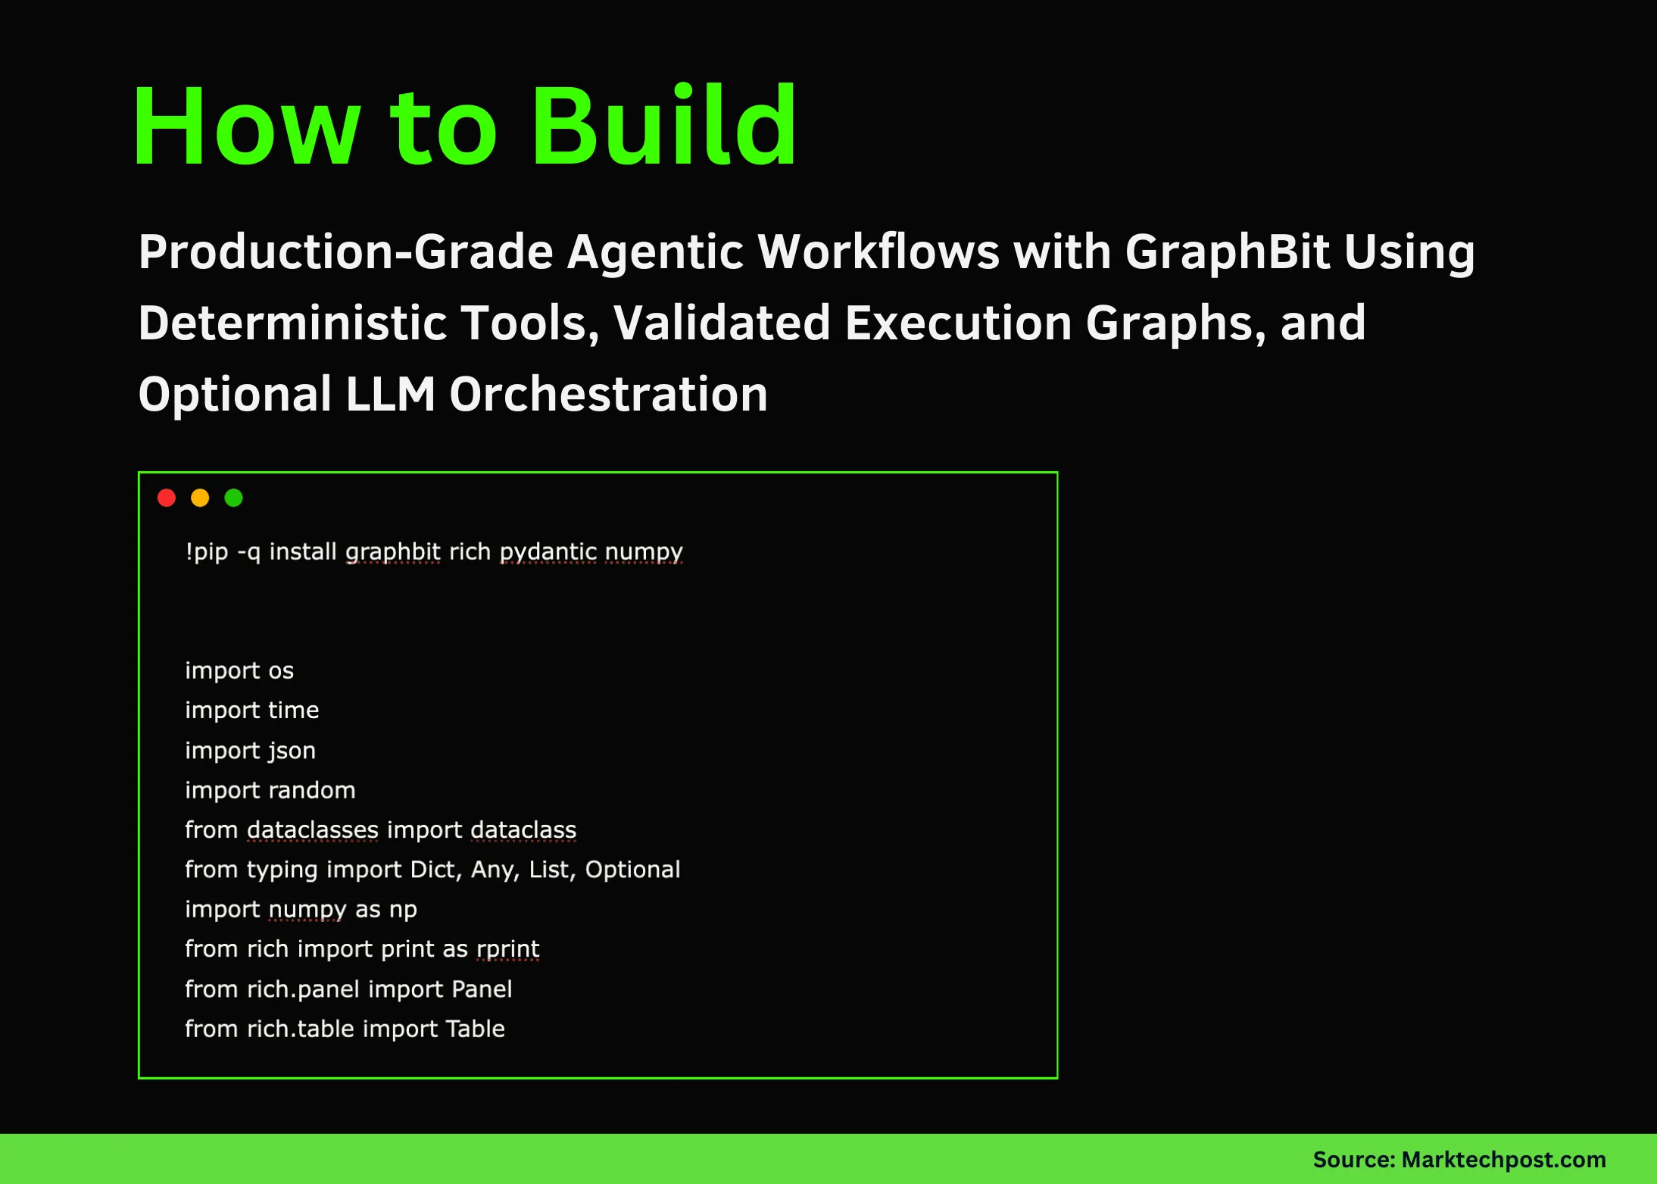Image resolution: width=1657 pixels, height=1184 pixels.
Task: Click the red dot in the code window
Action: coord(167,498)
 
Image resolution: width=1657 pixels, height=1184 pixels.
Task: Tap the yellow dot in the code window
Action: coord(200,498)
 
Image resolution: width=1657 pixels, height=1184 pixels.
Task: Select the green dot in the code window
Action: coord(233,498)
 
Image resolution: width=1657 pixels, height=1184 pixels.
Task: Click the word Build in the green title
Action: coord(663,126)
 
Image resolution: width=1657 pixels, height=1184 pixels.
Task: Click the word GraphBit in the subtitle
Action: coord(1227,251)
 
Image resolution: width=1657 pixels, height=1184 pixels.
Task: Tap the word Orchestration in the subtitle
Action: coord(609,394)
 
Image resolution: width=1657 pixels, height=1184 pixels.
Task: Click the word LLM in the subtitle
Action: coord(391,394)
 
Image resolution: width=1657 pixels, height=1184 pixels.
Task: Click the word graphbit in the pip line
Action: coord(392,551)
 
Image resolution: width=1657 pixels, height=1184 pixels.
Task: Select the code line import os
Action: coord(239,670)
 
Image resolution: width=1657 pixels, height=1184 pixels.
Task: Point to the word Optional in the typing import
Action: coord(632,870)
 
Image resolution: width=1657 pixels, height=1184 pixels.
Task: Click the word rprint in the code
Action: coord(507,949)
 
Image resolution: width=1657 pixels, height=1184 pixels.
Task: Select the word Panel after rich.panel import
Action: coord(482,989)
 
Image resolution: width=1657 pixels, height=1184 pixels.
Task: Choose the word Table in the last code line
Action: coord(475,1029)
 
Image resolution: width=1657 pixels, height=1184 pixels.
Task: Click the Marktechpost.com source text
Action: coord(1503,1160)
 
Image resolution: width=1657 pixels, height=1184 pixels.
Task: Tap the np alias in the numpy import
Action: coord(403,910)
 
